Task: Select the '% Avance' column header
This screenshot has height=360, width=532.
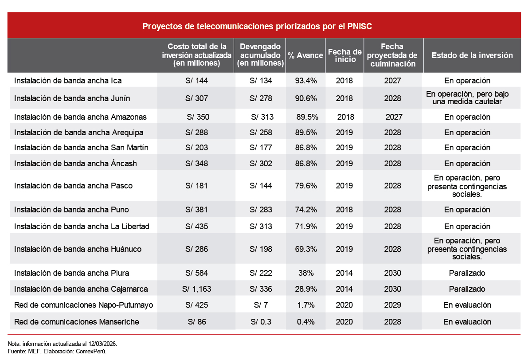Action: tap(305, 55)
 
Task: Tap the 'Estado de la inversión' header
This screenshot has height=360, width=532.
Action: tap(472, 55)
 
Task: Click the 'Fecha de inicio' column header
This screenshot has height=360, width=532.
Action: tap(345, 55)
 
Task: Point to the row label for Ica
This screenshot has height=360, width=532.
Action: tap(68, 81)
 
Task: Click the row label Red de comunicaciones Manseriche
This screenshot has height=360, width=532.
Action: tap(77, 321)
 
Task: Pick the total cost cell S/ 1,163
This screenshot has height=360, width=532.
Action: tap(196, 289)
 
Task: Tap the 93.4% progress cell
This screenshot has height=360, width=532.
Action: tap(305, 81)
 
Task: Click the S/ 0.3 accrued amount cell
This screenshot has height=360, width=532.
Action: tap(261, 321)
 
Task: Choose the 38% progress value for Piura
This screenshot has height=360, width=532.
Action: tap(305, 273)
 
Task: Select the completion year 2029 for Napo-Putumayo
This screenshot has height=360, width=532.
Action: tap(393, 305)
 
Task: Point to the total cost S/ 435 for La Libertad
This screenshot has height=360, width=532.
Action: tap(196, 227)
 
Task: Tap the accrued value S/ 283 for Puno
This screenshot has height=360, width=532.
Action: tap(261, 209)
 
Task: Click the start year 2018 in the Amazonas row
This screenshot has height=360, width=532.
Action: tap(346, 117)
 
